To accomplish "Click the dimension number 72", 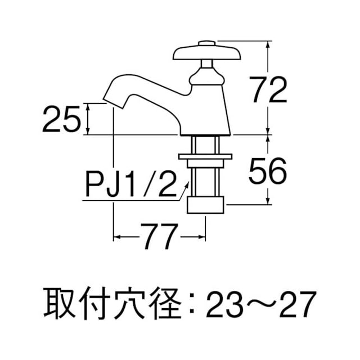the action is coord(268,89).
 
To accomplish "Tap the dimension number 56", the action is coord(268,171).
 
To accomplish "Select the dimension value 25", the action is coord(61,119).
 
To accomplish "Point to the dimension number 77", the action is coord(159,236).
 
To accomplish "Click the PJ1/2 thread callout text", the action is coord(132,184).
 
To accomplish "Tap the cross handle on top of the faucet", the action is coord(206,53).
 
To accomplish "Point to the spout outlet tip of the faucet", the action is coord(112,103).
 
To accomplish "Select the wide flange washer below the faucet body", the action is coord(205,156).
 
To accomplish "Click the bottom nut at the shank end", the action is coord(205,205).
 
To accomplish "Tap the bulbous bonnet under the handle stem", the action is coord(206,78).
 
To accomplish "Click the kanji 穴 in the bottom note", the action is coord(129,303).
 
